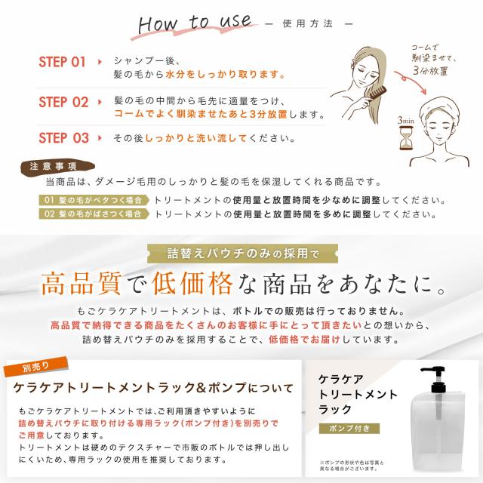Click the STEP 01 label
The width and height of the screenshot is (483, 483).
point(63,62)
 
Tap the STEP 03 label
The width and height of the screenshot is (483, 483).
point(63,137)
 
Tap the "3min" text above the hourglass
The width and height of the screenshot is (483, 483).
point(405,120)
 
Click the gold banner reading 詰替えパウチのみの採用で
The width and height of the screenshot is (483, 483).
point(241,253)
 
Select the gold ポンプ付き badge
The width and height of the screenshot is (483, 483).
point(345,429)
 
